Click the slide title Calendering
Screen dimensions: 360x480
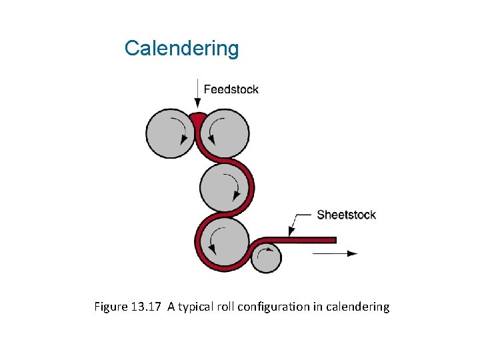pyautogui.click(x=181, y=48)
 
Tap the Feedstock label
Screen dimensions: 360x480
pyautogui.click(x=231, y=89)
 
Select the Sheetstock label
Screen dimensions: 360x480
pyautogui.click(x=346, y=215)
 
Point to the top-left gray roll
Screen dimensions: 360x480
pyautogui.click(x=169, y=133)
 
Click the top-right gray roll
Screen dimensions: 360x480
pyautogui.click(x=226, y=133)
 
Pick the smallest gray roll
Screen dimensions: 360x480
pyautogui.click(x=267, y=257)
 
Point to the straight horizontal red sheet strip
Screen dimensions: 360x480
pyautogui.click(x=307, y=239)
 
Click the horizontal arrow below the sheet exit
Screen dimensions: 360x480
pyautogui.click(x=335, y=253)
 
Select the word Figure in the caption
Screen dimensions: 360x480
pyautogui.click(x=109, y=307)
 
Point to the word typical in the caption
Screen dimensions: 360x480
pyautogui.click(x=195, y=307)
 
